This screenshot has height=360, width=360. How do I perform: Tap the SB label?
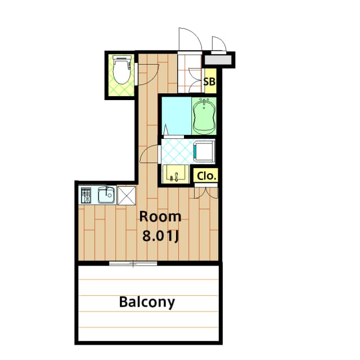tap(209, 82)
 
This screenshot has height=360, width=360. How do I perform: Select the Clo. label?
tap(206, 175)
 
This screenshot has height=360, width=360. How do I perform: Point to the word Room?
tap(160, 216)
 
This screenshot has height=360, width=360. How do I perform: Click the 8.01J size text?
tap(160, 235)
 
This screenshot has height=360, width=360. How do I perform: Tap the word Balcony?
tap(147, 302)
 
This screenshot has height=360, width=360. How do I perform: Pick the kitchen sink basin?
tap(106, 195)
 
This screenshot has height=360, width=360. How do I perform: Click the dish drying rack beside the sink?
tap(86, 195)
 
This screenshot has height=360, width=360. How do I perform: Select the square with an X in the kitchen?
tap(127, 195)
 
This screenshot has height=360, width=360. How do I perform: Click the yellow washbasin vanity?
tap(175, 174)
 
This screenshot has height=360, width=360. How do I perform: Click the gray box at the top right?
tap(218, 58)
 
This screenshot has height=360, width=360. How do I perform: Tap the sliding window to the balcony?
tap(133, 263)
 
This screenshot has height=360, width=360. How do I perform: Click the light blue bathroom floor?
tap(175, 115)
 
